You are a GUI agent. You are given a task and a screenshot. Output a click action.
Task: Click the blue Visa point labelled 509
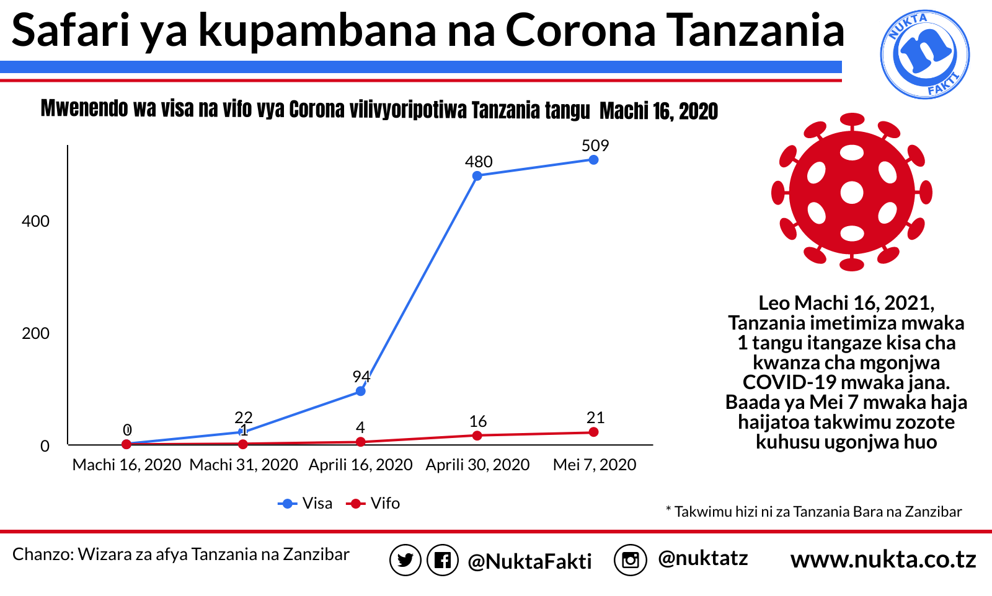(x=593, y=160)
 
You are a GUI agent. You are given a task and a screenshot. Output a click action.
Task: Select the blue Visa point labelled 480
(x=477, y=176)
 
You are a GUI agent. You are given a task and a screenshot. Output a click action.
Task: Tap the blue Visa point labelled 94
(x=360, y=392)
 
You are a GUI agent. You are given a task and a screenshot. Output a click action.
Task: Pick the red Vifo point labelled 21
(x=593, y=432)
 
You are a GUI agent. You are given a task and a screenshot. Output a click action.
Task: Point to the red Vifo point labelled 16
(x=477, y=436)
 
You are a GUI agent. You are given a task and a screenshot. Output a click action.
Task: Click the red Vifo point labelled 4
(x=360, y=442)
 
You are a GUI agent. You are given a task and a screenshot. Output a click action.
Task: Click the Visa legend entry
(x=306, y=504)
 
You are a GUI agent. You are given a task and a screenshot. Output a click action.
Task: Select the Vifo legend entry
(x=375, y=504)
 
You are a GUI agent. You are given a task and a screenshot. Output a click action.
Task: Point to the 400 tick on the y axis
(x=35, y=221)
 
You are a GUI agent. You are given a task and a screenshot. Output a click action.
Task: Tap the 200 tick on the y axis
(x=35, y=333)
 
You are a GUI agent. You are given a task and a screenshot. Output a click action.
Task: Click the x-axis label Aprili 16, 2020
(x=360, y=465)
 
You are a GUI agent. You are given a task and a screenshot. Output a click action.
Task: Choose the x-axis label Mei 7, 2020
(x=594, y=465)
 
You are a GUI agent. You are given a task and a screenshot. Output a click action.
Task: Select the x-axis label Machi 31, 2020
(x=244, y=465)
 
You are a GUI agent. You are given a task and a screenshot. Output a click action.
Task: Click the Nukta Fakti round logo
(x=924, y=55)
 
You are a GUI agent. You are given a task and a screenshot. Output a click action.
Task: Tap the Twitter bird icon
(x=405, y=561)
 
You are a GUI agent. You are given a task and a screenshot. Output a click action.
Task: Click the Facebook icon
(x=442, y=561)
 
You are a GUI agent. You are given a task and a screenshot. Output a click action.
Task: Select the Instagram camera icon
(x=630, y=560)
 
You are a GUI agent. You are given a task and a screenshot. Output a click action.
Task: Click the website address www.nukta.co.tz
(x=883, y=559)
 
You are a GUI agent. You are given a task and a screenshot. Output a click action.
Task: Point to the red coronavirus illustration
(x=851, y=192)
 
